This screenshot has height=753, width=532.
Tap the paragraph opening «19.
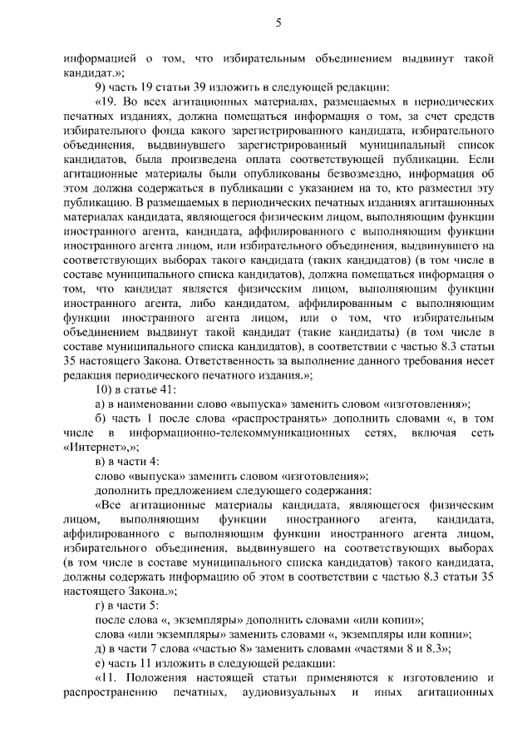pyautogui.click(x=110, y=101)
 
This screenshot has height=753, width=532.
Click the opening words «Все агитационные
pyautogui.click(x=156, y=505)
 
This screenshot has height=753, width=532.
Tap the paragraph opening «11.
pyautogui.click(x=110, y=678)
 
